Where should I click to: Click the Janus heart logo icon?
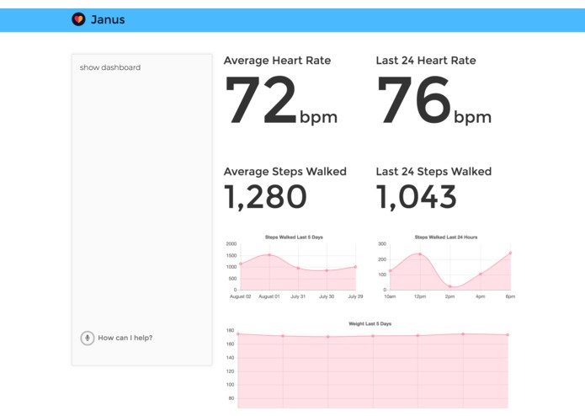click(78, 19)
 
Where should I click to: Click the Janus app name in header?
click(108, 19)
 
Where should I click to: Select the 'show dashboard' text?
click(110, 67)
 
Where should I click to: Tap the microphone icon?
click(87, 338)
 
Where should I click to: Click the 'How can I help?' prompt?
click(125, 338)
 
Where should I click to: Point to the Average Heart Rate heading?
click(277, 61)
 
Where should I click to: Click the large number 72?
click(261, 101)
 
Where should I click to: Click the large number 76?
click(414, 101)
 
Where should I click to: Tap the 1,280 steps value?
click(265, 196)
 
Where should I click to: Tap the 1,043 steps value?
click(417, 196)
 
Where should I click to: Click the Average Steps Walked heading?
click(285, 172)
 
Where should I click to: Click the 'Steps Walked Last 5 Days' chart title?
click(294, 237)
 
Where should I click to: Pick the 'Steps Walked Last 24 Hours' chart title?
click(446, 237)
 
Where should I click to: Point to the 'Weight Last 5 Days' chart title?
click(370, 323)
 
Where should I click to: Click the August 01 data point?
click(269, 255)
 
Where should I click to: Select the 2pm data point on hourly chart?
click(450, 286)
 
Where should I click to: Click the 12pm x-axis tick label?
click(420, 296)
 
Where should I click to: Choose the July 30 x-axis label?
click(327, 296)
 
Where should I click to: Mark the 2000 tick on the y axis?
click(231, 244)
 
